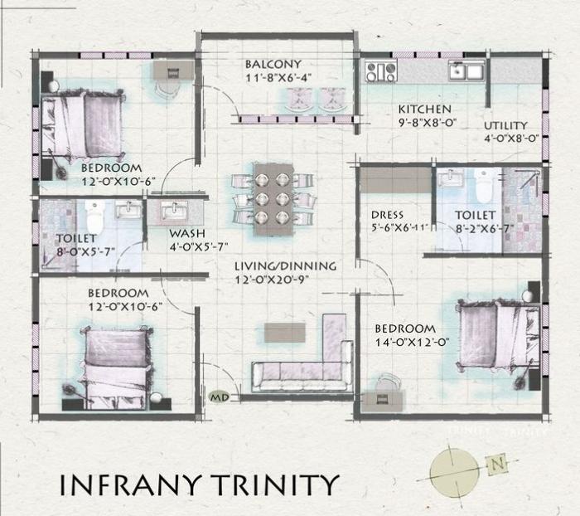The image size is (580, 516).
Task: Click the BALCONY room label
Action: pos(273,64)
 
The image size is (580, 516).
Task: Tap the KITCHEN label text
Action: pos(424,110)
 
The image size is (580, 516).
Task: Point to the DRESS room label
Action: pos(387,215)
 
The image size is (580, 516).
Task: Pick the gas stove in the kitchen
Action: pos(381,71)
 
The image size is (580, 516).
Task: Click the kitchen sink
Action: pos(466,71)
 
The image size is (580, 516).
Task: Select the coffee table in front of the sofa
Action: pos(284,331)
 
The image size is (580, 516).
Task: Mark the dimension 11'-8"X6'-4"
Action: pos(273,78)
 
